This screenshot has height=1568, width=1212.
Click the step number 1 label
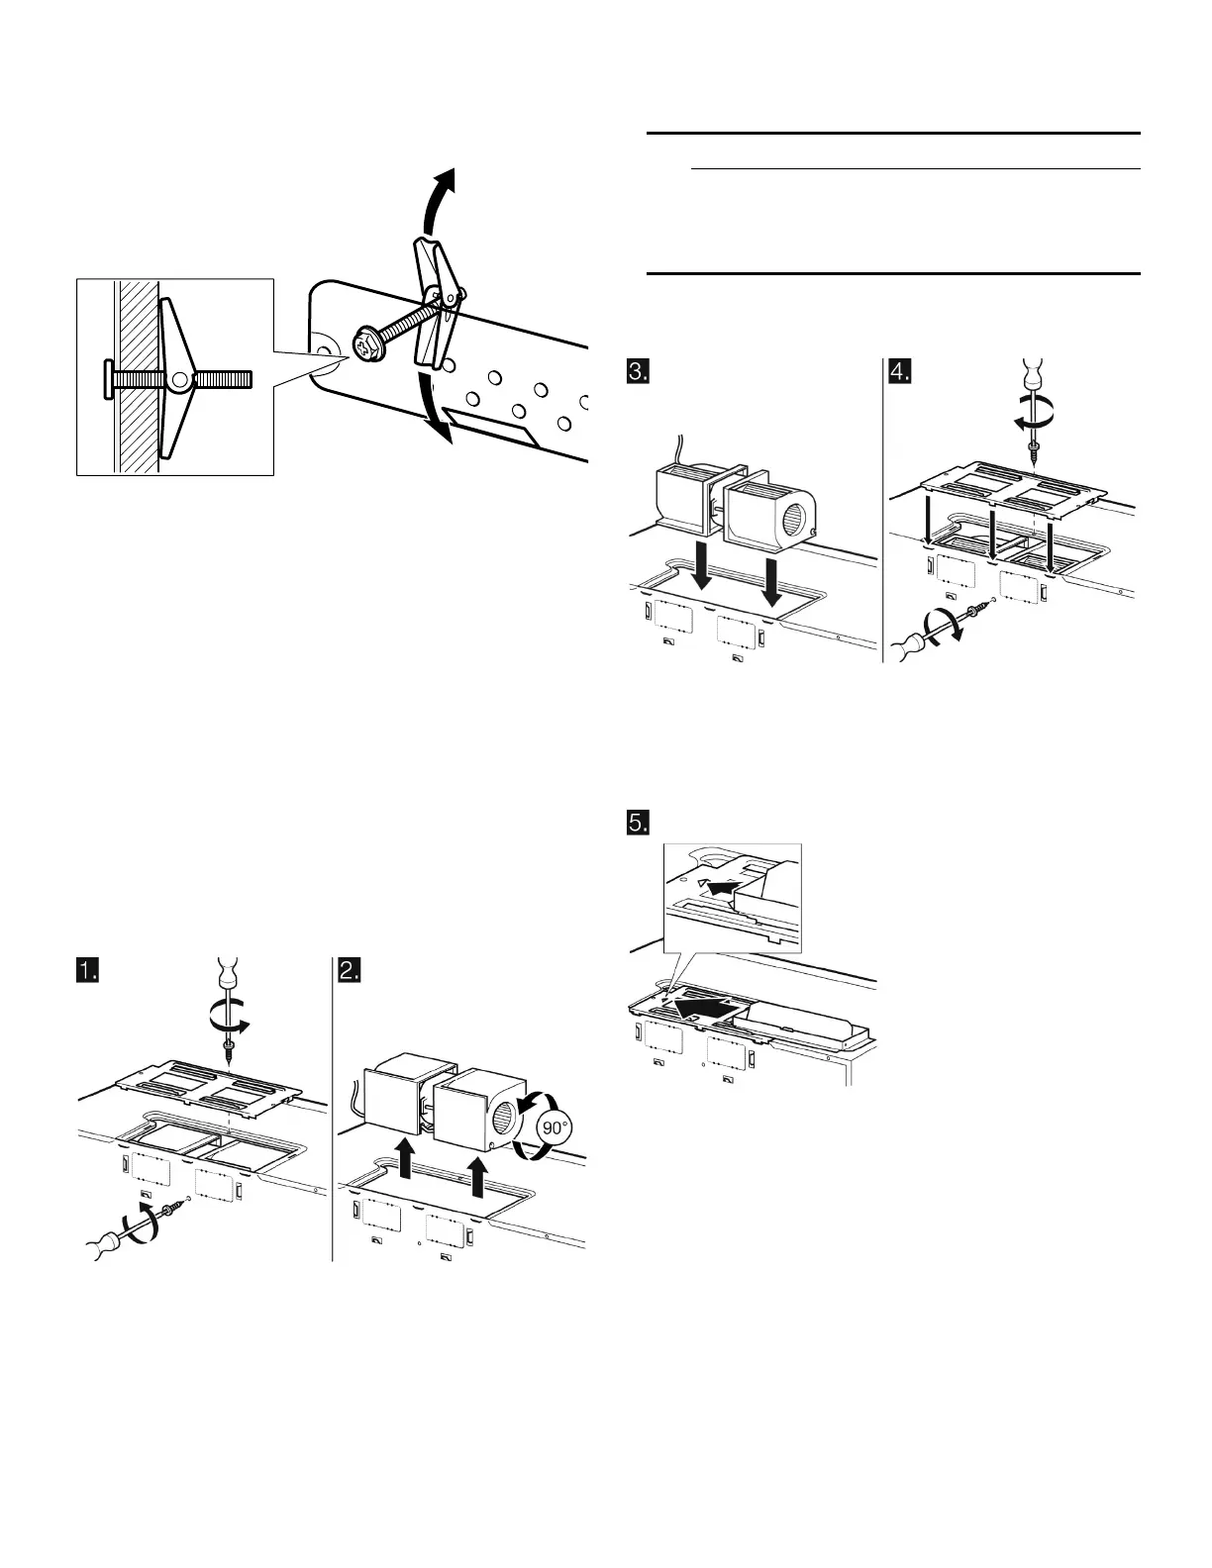pos(90,970)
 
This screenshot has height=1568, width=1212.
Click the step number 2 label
pos(350,970)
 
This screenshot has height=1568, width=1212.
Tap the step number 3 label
pos(639,373)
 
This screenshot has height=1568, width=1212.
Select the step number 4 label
pos(899,373)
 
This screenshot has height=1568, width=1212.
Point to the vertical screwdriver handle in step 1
pos(228,973)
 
